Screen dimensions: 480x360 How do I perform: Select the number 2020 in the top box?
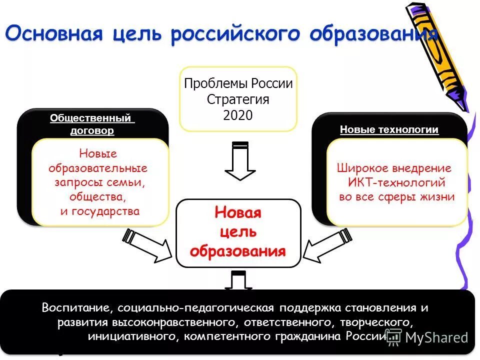pyautogui.click(x=238, y=115)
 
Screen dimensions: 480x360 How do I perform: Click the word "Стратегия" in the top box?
pyautogui.click(x=238, y=99)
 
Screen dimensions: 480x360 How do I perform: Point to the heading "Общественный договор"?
pyautogui.click(x=92, y=124)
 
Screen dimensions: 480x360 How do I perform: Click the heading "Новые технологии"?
pyautogui.click(x=389, y=129)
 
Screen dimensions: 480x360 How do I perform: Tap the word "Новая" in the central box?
pyautogui.click(x=238, y=212)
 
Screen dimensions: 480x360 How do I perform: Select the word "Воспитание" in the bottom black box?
pyautogui.click(x=72, y=307)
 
